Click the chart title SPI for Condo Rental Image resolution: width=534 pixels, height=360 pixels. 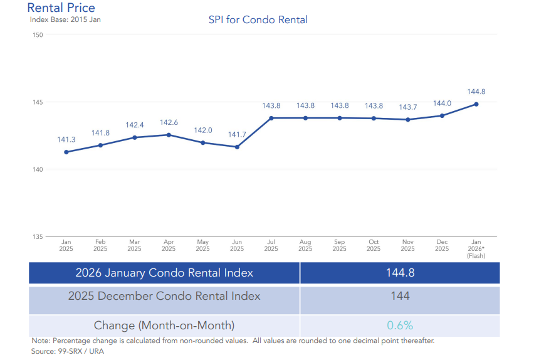point(258,20)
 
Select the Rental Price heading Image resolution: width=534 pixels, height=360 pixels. point(61,8)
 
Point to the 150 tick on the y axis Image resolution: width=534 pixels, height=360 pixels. point(38,34)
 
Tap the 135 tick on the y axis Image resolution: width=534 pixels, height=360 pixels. point(38,236)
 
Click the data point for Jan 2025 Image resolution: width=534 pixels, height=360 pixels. point(66,152)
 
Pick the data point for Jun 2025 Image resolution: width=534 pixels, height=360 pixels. point(237,147)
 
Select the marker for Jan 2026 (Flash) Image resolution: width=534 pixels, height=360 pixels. point(476,104)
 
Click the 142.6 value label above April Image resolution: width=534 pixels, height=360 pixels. point(169,122)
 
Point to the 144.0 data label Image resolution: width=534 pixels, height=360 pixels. point(442,103)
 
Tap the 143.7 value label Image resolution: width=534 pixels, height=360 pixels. point(408,107)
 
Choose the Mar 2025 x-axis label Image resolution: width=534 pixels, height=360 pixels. point(135,245)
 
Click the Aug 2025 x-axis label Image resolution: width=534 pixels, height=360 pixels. point(305,245)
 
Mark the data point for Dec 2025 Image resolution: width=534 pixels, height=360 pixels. point(442,115)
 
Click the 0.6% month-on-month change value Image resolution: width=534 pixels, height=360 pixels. point(400,326)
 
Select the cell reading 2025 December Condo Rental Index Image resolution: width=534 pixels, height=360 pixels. point(164,296)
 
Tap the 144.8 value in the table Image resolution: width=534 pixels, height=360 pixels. point(400,273)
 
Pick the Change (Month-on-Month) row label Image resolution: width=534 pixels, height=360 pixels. point(164,326)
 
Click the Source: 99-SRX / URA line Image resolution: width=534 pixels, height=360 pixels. point(67,351)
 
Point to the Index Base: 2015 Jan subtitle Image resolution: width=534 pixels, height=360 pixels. point(65,19)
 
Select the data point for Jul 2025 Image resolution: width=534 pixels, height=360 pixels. point(271,118)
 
